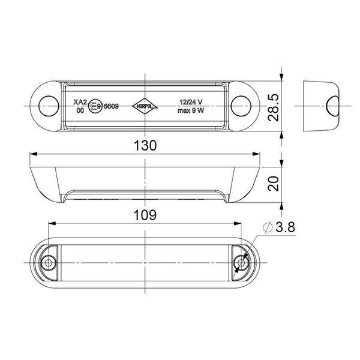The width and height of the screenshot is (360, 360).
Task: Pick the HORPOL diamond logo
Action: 145,104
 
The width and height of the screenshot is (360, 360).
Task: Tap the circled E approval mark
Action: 94,107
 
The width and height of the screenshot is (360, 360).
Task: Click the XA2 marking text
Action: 78,102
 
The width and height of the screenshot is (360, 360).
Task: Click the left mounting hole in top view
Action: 46,106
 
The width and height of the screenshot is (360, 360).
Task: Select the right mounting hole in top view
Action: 244,106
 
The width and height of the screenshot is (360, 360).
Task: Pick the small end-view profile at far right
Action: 321,106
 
